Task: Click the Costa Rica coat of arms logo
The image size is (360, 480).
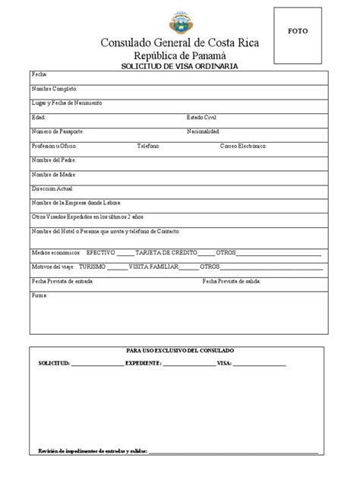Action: coord(180,21)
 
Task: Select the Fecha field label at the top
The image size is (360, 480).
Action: coord(39,75)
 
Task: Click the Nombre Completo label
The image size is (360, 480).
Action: coord(54,89)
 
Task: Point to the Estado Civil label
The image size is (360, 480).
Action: coord(203,118)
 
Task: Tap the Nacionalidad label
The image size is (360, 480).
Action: coord(209,131)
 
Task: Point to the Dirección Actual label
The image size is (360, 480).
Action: coord(52,188)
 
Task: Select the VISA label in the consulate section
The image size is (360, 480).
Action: coord(224,365)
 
